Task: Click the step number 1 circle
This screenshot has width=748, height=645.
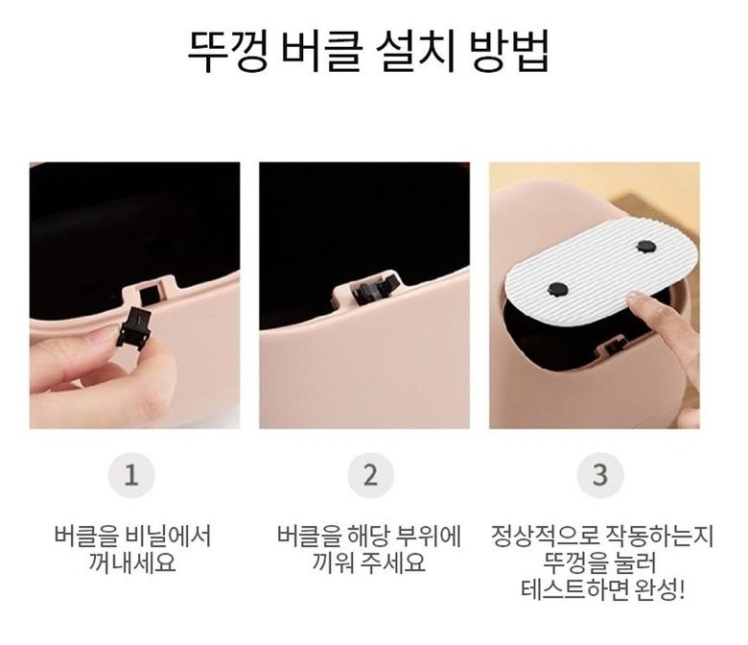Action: (x=131, y=475)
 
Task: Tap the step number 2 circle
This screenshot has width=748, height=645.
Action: (x=371, y=475)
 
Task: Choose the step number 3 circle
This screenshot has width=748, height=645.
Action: (x=600, y=475)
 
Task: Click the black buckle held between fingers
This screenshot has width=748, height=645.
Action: (x=134, y=327)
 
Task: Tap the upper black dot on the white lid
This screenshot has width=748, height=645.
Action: (x=646, y=247)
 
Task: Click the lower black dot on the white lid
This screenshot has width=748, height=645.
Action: (x=557, y=288)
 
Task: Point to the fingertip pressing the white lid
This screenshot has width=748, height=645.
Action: (x=635, y=300)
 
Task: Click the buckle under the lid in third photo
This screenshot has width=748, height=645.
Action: (x=612, y=346)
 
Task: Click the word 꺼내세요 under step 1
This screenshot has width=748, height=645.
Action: (x=132, y=562)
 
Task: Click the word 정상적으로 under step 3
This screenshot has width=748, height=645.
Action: (x=545, y=536)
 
